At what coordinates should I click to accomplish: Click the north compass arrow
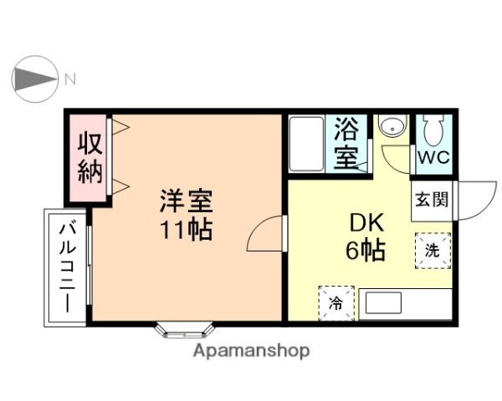coord(33,79)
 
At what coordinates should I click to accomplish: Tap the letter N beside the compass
coord(70,80)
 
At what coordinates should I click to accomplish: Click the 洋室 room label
coord(187,201)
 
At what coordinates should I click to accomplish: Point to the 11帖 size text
coord(187,229)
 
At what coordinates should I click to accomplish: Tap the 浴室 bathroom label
coord(346,144)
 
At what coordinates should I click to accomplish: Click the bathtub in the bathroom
coord(307,145)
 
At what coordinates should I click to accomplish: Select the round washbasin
coord(390,128)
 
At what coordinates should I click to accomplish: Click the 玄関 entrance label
coord(430,200)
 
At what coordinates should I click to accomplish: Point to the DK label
coord(366,223)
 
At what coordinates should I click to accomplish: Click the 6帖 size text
coord(366,250)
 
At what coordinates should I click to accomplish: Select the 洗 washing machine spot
coord(432,250)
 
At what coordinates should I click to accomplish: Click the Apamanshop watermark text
coord(251,351)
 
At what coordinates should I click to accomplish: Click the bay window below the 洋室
coord(181,330)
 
